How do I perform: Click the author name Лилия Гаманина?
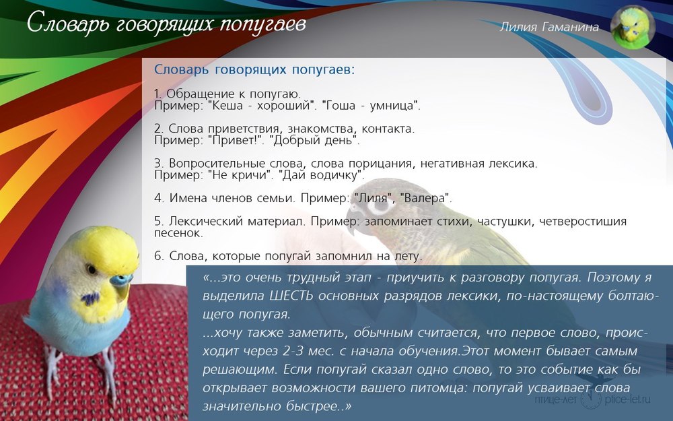549,27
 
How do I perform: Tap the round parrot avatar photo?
632,28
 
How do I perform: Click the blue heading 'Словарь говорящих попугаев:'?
254,70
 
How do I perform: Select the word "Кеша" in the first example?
228,106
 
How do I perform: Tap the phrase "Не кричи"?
240,175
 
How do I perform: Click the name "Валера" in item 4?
424,198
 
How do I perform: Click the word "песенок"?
177,233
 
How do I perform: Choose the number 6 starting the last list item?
157,256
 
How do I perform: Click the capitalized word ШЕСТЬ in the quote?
291,296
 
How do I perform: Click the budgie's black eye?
92,269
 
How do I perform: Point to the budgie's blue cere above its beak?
120,280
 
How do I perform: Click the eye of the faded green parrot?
378,205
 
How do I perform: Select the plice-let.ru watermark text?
627,399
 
